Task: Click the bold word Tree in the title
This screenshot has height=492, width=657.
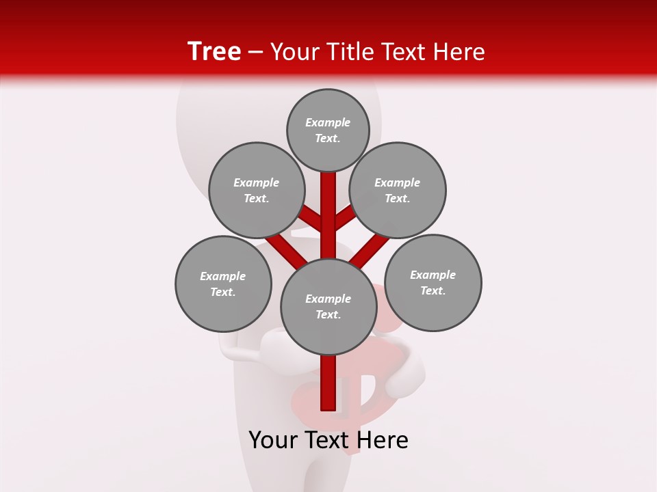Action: tap(214, 51)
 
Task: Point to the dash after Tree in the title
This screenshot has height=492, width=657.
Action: tap(255, 52)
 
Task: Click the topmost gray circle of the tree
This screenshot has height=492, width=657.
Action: tap(328, 130)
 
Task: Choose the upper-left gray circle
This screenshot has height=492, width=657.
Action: tap(257, 190)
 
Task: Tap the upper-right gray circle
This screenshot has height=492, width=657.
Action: tap(398, 190)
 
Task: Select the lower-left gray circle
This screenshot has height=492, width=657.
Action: tap(223, 284)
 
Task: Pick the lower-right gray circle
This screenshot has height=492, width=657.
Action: tap(433, 282)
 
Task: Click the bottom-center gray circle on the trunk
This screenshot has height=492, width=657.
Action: tap(328, 307)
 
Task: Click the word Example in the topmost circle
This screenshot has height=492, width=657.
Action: tap(328, 122)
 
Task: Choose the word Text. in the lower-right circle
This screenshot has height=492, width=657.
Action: tap(433, 290)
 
